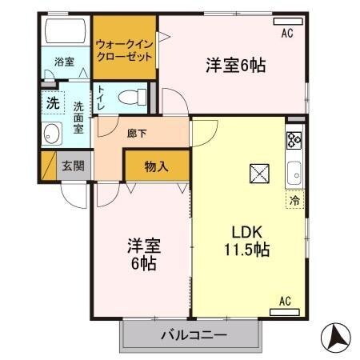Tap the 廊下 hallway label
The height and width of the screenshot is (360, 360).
click(136, 134)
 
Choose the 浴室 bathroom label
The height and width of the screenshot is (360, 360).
click(64, 62)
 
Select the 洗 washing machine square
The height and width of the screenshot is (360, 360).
click(51, 102)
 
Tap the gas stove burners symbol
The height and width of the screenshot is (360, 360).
click(293, 140)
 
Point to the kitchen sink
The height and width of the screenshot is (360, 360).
click(294, 171)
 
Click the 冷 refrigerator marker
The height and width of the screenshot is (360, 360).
click(294, 201)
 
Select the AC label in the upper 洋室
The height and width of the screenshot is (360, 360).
click(286, 34)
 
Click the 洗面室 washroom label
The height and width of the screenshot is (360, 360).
click(78, 117)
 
